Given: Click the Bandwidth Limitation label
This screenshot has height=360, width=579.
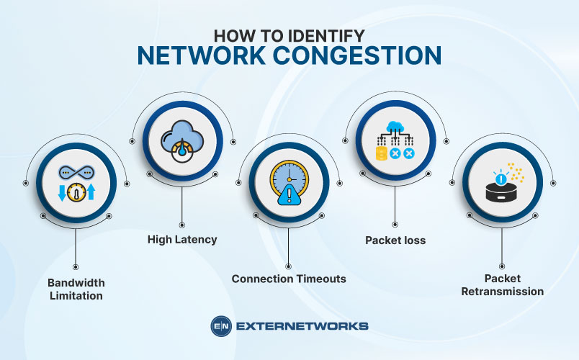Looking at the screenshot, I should (76, 289).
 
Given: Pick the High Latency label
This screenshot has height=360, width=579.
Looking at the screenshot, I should (182, 240).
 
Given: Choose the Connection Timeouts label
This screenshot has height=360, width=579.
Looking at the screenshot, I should (289, 278).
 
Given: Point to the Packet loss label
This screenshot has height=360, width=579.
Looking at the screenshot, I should (395, 240).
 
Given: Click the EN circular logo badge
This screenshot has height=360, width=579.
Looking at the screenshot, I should (220, 326).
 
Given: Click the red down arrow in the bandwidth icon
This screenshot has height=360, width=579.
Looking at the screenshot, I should (63, 193).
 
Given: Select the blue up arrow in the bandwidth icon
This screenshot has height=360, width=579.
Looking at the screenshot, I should (91, 193).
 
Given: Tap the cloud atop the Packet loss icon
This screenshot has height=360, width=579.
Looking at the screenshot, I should (395, 127).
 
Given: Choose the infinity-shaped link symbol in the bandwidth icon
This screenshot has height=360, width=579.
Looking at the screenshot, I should (76, 173).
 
